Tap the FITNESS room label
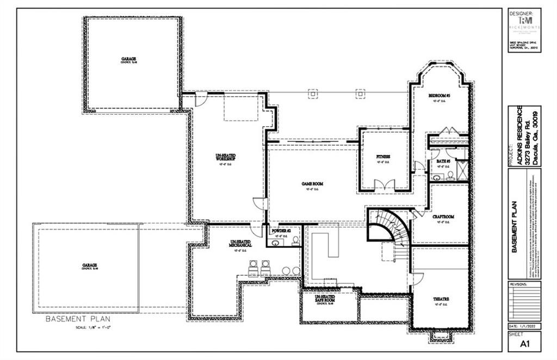(x=383, y=157)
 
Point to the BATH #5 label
(x=443, y=162)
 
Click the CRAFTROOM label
(x=443, y=216)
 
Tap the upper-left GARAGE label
(x=128, y=59)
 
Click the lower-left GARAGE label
(x=90, y=265)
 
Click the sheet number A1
(x=525, y=343)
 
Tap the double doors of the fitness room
(x=383, y=185)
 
